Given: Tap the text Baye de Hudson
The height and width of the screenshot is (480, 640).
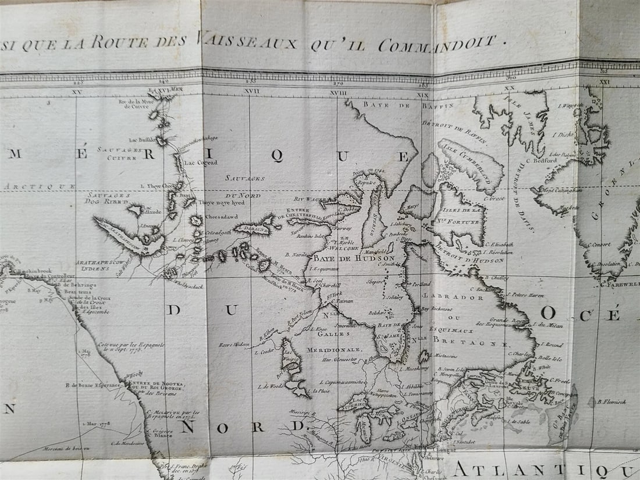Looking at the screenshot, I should [354, 258].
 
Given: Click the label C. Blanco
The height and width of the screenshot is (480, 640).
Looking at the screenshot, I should [158, 434].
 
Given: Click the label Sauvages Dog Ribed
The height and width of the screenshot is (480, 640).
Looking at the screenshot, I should [109, 200].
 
